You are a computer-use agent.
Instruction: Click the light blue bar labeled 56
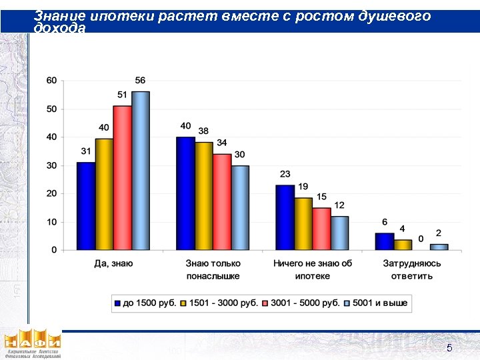(141, 171)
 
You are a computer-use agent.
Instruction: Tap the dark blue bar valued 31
(85, 206)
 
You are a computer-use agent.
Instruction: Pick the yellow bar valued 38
(203, 196)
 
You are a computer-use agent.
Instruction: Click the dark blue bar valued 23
(285, 217)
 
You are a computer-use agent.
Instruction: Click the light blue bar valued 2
(439, 247)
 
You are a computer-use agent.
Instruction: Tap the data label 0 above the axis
(421, 239)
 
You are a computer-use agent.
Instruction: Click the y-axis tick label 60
(51, 81)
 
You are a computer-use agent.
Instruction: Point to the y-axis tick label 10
(51, 222)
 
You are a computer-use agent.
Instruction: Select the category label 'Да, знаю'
(113, 263)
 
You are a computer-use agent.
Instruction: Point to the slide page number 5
(449, 348)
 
